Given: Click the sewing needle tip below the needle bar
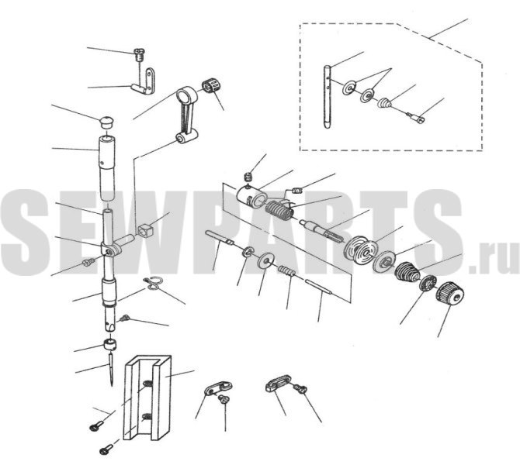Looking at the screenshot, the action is (x=112, y=385).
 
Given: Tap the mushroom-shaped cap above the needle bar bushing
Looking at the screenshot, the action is (x=107, y=121).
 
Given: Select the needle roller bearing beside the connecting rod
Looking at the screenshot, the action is (x=212, y=87).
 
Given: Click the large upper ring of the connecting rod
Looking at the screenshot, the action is (x=185, y=96).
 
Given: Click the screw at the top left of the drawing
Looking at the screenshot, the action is (x=139, y=54).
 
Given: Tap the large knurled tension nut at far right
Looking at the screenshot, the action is (x=450, y=294).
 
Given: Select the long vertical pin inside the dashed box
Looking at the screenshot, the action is (x=327, y=97).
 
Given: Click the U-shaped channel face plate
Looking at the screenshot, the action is (x=147, y=398).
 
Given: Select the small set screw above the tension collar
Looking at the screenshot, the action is (x=248, y=177).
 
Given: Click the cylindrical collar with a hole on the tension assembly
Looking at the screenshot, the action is (x=252, y=198).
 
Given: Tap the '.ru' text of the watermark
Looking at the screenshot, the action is (x=494, y=257).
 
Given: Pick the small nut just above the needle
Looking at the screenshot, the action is (x=109, y=344).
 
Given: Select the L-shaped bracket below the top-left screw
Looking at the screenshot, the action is (x=145, y=83).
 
